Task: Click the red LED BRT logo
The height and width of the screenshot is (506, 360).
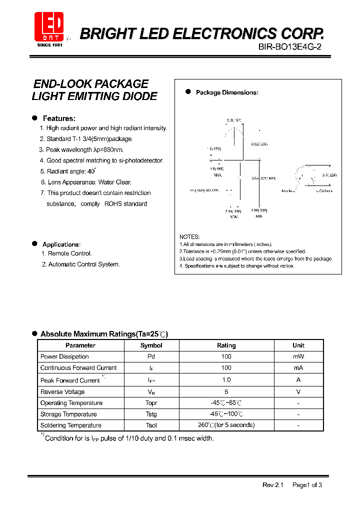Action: (x=49, y=25)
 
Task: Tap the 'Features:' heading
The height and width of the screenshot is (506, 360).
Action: (x=59, y=118)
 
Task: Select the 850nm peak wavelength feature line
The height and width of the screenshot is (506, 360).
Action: (x=81, y=149)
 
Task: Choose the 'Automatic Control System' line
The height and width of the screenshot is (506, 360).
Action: (x=80, y=264)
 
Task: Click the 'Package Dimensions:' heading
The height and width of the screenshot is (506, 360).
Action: (x=226, y=92)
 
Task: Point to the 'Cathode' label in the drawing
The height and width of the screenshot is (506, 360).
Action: (x=325, y=191)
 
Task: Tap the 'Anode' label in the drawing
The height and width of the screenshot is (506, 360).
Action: (x=286, y=191)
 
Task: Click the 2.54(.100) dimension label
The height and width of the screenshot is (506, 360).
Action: (x=233, y=212)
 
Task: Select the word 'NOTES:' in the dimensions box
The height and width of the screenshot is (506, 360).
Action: (x=189, y=236)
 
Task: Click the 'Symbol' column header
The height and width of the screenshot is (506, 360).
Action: (x=151, y=345)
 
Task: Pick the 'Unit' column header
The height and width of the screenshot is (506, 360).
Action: (x=298, y=345)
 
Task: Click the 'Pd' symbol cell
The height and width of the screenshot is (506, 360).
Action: (x=151, y=356)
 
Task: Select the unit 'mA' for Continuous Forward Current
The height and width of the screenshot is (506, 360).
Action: (x=298, y=367)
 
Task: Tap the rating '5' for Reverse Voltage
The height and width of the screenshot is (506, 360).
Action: (x=226, y=392)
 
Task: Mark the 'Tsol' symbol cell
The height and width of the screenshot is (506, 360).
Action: (x=151, y=425)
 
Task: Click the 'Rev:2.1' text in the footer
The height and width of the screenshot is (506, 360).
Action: (x=272, y=485)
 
